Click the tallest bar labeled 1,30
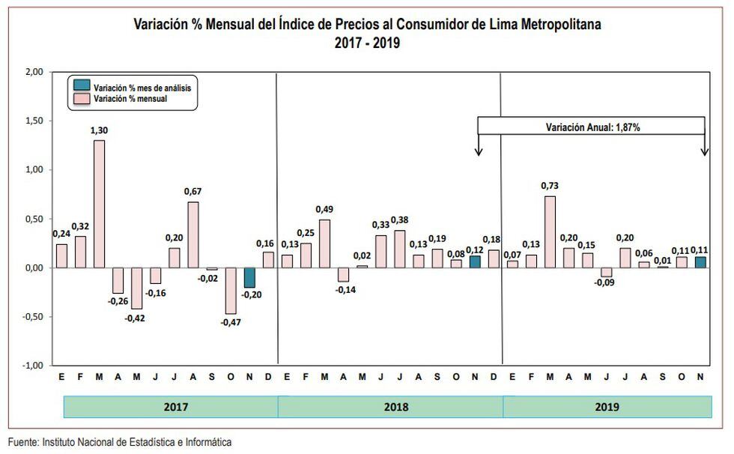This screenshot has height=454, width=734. click(x=99, y=204)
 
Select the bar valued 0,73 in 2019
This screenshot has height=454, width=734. click(x=550, y=231)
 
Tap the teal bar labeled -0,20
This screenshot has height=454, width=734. click(x=250, y=277)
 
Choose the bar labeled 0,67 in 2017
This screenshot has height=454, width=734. click(x=193, y=234)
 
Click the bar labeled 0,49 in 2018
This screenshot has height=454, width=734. click(x=324, y=243)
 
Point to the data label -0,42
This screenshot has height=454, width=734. click(x=136, y=318)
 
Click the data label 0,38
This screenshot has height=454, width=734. click(x=400, y=220)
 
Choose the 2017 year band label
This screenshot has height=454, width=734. click(x=175, y=408)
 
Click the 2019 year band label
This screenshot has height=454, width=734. click(x=607, y=408)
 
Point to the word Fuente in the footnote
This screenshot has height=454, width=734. click(x=23, y=443)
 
